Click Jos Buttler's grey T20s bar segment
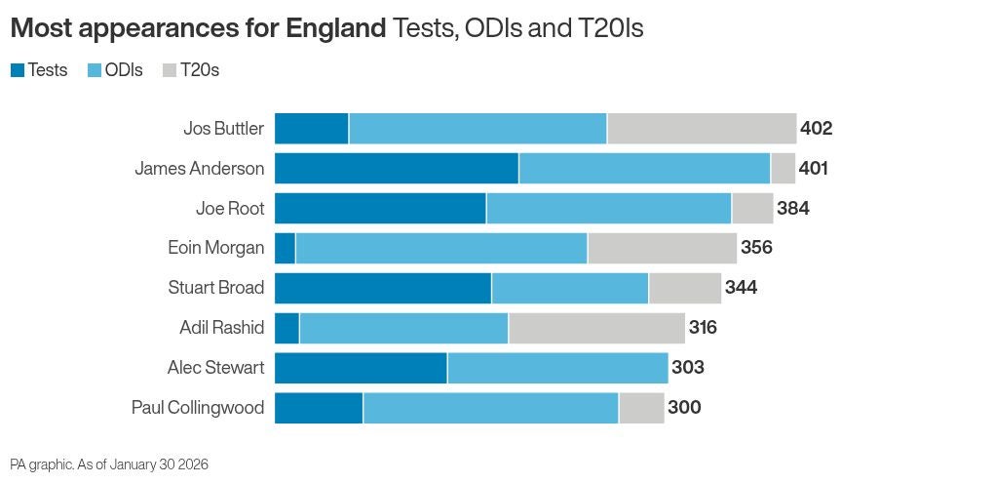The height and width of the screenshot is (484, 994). [x=702, y=129]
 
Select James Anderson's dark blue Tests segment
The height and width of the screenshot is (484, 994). [x=396, y=169]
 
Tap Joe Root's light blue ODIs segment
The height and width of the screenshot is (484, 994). [x=608, y=209]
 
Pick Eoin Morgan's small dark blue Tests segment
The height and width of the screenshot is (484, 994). [x=285, y=248]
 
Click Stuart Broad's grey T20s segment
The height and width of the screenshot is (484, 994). [x=684, y=288]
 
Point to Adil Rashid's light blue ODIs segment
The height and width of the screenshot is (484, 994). [x=403, y=328]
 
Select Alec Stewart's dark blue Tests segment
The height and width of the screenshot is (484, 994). [x=361, y=368]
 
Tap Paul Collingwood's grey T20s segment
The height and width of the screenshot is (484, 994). [x=641, y=408]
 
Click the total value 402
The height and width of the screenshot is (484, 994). [x=816, y=129]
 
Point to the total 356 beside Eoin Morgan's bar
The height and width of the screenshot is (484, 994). [x=756, y=248]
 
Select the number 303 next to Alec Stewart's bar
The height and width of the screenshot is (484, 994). [x=687, y=368]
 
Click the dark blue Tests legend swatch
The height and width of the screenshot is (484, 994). [x=18, y=70]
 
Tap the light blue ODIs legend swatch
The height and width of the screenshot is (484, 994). [x=95, y=70]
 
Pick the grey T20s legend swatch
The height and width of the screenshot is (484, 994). [x=169, y=70]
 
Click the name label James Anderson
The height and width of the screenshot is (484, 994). [x=199, y=169]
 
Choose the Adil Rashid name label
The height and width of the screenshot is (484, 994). [x=221, y=328]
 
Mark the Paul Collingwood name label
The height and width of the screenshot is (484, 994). [x=197, y=408]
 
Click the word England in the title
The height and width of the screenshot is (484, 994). [x=335, y=29]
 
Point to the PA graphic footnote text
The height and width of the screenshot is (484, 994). [x=109, y=464]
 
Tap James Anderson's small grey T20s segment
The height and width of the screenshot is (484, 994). [x=783, y=169]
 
